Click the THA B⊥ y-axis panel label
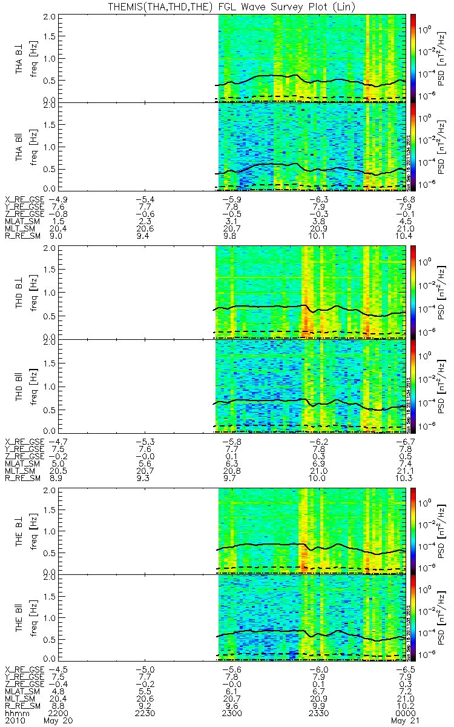coord(19,58)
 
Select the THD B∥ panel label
coord(19,385)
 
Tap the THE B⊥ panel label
coord(19,531)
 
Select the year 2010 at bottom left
coord(16,721)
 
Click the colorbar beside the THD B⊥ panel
coord(413,293)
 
